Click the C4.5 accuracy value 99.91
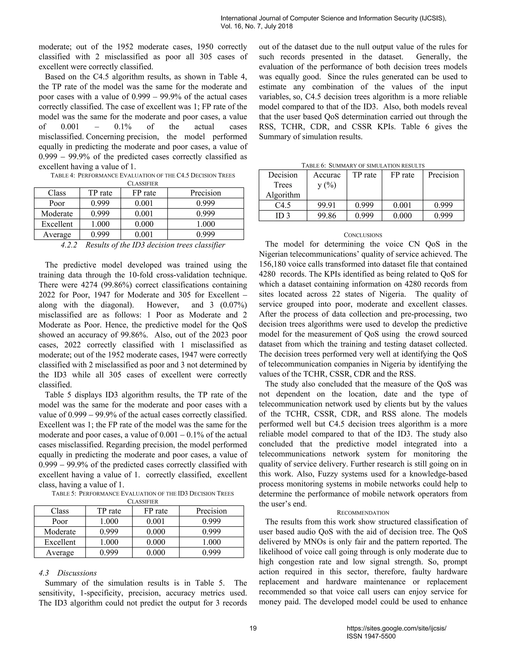tap(326, 205)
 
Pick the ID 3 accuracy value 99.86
tap(326, 216)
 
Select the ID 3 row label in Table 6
tap(283, 216)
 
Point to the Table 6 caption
tap(363, 166)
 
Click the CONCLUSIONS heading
tap(363, 235)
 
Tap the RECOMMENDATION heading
tap(363, 513)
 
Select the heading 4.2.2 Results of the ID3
tap(143, 245)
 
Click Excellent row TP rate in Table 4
tap(100, 224)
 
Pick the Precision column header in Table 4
tap(205, 193)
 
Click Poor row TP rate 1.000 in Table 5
tap(108, 521)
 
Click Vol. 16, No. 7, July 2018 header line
tap(257, 26)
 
